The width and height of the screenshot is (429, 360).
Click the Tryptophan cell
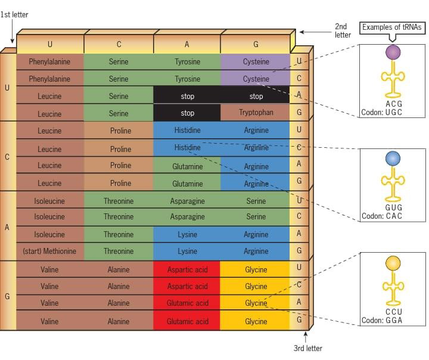(256, 113)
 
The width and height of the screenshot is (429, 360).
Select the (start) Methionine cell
(49, 251)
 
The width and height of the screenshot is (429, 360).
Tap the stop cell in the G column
(256, 97)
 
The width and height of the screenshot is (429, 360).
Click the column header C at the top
(119, 44)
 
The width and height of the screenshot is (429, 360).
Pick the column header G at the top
(256, 44)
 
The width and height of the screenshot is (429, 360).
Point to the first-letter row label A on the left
(7, 226)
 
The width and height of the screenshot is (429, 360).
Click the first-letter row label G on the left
(7, 296)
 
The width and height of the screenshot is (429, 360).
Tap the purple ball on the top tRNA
(393, 53)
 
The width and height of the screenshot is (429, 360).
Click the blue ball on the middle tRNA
(393, 158)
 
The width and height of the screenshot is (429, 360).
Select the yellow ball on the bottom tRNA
(393, 262)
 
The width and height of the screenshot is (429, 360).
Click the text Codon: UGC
(381, 112)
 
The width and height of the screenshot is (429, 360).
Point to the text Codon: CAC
(381, 216)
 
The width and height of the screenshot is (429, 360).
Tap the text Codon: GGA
(381, 321)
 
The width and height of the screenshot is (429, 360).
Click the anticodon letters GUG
(393, 207)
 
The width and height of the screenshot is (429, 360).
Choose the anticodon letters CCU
(393, 312)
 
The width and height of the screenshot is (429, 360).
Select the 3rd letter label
(307, 349)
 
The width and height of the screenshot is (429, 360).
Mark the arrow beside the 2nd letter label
(310, 32)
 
